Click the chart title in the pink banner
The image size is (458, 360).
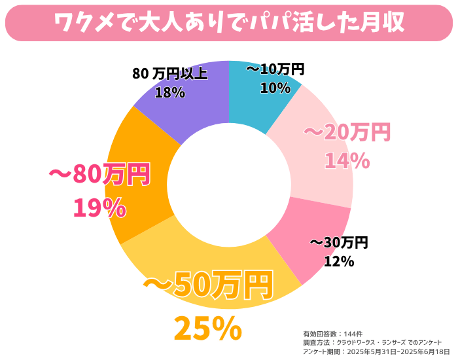click(229, 22)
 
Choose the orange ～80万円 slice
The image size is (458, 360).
click(141, 196)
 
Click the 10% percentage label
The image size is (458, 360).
click(275, 88)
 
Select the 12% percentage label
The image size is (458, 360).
click(339, 261)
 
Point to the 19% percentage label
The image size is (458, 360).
click(99, 208)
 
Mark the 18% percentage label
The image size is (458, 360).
click(169, 92)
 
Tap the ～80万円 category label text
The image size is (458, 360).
click(99, 175)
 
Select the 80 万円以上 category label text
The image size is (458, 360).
click(169, 74)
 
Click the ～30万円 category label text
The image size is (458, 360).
click(339, 243)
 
